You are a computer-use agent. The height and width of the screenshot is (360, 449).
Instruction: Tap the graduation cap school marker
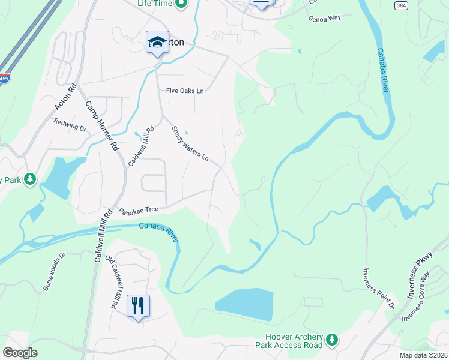coord(157,42)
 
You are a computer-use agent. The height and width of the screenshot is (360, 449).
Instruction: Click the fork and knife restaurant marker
coord(138,306)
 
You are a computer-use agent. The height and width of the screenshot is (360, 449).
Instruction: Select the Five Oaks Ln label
coord(185,91)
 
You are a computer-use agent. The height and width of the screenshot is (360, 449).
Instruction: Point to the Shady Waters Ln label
coord(190,143)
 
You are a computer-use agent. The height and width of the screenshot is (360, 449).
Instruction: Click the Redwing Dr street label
coord(70,124)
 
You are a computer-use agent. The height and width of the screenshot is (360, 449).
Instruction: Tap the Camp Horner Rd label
coord(101,126)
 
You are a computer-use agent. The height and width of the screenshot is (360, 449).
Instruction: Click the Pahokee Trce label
coord(139,210)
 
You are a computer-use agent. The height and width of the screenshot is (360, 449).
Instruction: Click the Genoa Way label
coord(325,18)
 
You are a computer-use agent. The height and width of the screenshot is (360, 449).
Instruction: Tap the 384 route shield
coord(402,5)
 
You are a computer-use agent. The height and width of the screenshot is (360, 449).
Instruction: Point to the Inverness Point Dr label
coord(378,289)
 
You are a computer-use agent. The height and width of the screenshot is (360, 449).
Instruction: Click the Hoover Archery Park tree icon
coord(331,341)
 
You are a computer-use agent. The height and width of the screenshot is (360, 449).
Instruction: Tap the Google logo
coord(20,353)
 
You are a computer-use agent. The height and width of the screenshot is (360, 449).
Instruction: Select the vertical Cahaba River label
coord(382,71)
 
